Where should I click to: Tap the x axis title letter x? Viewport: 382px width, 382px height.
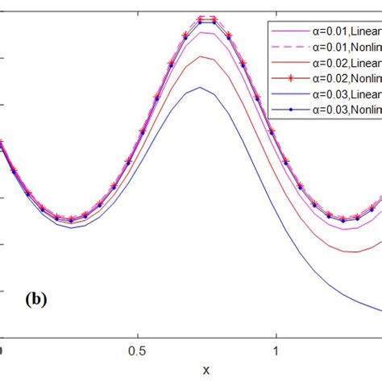coord(206,370)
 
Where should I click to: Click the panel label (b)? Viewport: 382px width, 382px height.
coord(35,300)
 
